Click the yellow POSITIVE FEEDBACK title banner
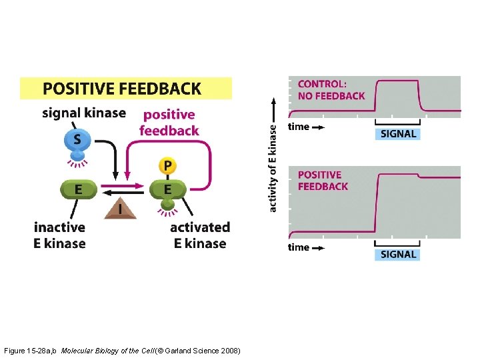coord(126,88)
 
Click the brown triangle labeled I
coord(121,209)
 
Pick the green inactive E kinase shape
coord(79,189)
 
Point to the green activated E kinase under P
coord(167,190)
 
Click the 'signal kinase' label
coord(84,113)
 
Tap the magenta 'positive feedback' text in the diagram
coord(169,123)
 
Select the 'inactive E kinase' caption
coord(60,235)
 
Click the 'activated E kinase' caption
coord(200,235)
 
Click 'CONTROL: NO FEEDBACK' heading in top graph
coord(331,90)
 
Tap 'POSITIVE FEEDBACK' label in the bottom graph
coord(323,180)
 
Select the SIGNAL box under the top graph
coord(398,133)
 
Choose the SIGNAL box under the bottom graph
coord(398,254)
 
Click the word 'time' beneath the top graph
coord(298,126)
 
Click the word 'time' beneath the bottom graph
coord(298,247)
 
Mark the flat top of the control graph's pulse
coord(397,81)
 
